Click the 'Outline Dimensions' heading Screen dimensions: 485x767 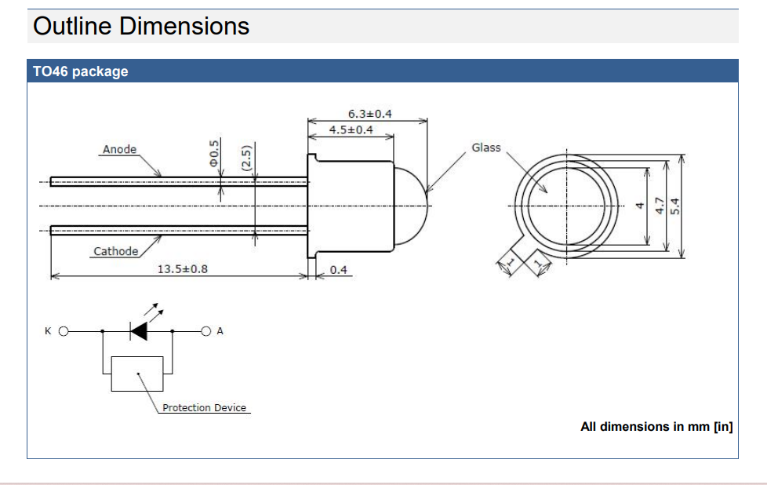[141, 26]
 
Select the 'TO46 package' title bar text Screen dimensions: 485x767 [80, 71]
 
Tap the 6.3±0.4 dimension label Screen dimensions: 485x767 [369, 114]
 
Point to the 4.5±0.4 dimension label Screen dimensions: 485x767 [351, 129]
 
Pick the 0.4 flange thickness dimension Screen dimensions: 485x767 [338, 270]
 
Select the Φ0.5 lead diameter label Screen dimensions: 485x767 [213, 153]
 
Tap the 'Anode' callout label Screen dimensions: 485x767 [119, 149]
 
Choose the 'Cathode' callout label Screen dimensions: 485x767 [115, 251]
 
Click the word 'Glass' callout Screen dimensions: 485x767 [485, 147]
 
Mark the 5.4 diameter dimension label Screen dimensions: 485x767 [675, 206]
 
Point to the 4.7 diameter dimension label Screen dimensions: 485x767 [659, 206]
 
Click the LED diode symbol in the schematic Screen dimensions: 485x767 [139, 331]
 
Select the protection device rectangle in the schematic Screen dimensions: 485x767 [138, 374]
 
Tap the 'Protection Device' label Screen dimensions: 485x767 [204, 408]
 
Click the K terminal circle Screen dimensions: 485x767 [64, 331]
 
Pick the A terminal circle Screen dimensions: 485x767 [206, 331]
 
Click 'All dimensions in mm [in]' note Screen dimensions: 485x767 [656, 427]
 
